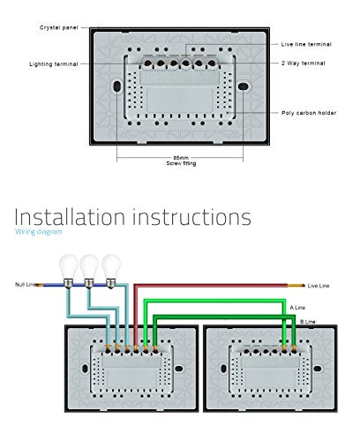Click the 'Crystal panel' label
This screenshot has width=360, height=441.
click(x=59, y=27)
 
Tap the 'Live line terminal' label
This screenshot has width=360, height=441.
click(x=306, y=44)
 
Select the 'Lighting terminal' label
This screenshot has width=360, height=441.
click(x=54, y=64)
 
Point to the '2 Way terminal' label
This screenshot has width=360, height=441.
click(x=304, y=64)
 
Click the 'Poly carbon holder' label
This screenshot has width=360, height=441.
click(x=309, y=113)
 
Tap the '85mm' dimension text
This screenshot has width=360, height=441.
click(x=181, y=158)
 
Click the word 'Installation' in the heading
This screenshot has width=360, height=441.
click(x=70, y=217)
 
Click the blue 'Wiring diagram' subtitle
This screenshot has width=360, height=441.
click(x=39, y=232)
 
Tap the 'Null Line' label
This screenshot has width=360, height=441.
click(x=26, y=285)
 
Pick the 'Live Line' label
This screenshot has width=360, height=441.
click(x=319, y=286)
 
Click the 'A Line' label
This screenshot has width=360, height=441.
click(x=297, y=308)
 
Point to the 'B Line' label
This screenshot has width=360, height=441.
click(x=308, y=322)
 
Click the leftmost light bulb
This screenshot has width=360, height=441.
click(x=68, y=272)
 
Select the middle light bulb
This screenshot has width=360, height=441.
click(x=89, y=272)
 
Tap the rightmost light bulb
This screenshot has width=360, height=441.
click(x=111, y=272)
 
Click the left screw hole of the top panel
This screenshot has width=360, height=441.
click(x=116, y=86)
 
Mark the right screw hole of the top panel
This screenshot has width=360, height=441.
click(x=243, y=86)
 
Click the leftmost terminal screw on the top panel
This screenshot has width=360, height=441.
click(x=147, y=63)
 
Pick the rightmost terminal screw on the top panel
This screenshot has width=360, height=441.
click(x=212, y=63)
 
